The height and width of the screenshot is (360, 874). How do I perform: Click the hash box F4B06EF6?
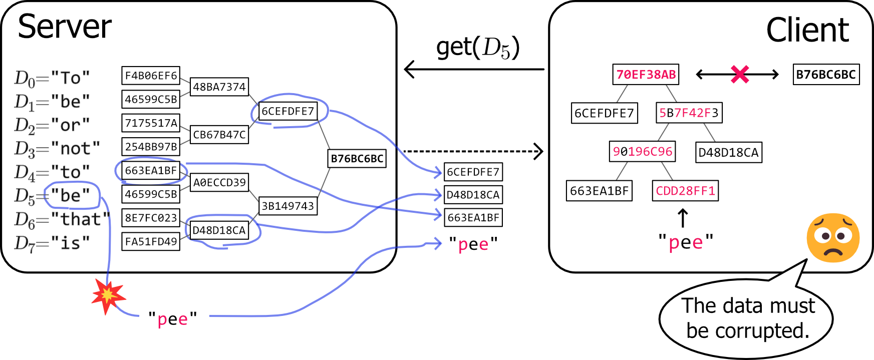coord(151,76)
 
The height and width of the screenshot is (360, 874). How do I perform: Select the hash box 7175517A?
coord(151,123)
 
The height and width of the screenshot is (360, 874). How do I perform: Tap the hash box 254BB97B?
coord(151,147)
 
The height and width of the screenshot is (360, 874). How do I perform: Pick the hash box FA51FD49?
coord(151,241)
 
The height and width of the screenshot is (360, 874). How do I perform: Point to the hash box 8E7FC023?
coord(151,218)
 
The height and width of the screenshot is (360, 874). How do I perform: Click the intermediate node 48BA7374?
coord(219,87)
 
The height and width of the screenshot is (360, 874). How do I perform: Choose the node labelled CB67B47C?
coord(219,135)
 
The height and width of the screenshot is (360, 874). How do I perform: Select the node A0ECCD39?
coord(219,182)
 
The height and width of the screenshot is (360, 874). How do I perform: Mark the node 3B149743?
coord(288,206)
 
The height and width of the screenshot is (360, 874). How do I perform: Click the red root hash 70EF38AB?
coord(646,75)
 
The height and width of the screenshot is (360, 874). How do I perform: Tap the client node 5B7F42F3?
coord(689,113)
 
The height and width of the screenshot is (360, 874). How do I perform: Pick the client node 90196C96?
coord(642,152)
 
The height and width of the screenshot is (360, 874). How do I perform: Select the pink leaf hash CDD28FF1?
coord(685,191)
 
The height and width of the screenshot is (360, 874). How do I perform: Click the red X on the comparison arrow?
coord(739,74)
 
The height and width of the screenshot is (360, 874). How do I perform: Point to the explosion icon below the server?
coord(108,295)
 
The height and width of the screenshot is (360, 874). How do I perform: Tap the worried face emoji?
coord(833,238)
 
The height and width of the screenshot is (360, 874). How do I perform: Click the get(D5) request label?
coord(477,48)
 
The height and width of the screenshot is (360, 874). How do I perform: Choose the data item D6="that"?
coord(62,219)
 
